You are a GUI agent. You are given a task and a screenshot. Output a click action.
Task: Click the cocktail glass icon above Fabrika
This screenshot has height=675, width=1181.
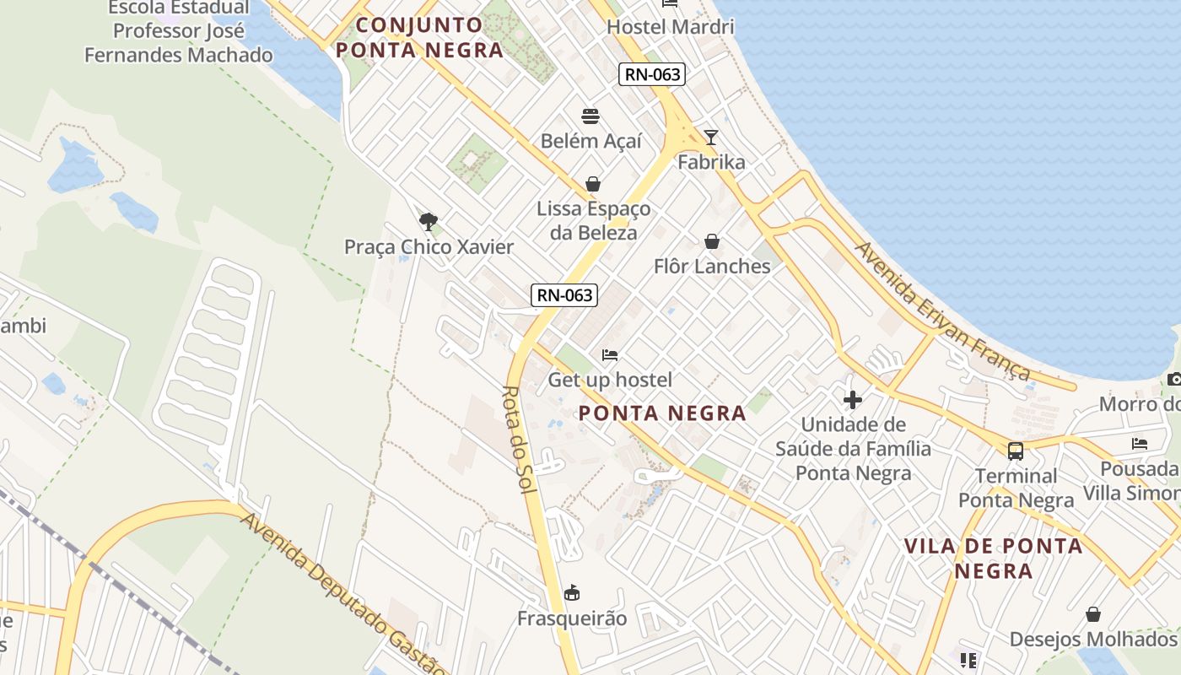[711, 137]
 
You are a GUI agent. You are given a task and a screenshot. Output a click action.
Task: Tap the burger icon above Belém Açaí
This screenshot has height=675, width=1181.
[590, 116]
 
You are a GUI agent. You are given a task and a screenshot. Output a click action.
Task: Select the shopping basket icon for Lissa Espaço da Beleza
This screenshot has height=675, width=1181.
[593, 184]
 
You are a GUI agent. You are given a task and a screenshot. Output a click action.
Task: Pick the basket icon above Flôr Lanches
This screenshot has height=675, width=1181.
[712, 242]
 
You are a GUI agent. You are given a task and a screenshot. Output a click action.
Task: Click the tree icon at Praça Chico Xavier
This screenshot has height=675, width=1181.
[429, 222]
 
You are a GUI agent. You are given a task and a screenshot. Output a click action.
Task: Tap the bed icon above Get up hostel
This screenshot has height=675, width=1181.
[610, 355]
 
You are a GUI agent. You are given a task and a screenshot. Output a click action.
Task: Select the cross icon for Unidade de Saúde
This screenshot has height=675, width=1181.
[853, 399]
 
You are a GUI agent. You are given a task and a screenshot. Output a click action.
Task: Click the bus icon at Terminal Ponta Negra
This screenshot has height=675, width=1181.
[1016, 451]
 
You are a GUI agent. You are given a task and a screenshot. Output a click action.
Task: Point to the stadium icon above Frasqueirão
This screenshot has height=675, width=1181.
[572, 593]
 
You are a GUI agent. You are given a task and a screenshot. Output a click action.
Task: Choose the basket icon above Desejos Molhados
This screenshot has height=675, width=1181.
[1093, 613]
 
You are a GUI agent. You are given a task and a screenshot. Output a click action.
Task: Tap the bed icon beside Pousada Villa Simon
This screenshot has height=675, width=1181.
[1140, 443]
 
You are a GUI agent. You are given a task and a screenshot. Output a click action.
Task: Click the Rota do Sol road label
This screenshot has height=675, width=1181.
[520, 440]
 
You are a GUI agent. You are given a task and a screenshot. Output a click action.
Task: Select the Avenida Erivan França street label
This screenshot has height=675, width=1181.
[942, 310]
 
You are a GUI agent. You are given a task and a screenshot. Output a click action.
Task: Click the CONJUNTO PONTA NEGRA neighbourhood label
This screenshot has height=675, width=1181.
[419, 37]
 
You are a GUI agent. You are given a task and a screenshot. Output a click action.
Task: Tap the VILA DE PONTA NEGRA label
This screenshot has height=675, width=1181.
[993, 558]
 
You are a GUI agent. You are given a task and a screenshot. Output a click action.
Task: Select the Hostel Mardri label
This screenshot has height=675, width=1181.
[671, 27]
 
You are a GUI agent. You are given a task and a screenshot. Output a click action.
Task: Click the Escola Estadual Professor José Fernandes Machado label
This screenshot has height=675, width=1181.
[179, 32]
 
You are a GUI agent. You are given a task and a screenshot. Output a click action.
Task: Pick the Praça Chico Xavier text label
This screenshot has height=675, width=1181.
[429, 247]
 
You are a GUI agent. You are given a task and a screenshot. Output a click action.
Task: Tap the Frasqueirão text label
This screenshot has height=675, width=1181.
[572, 618]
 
